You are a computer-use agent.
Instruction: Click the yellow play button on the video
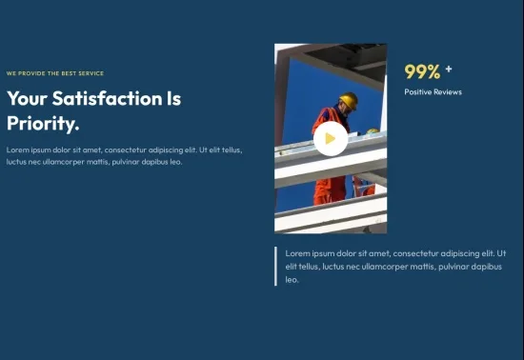tap(331, 139)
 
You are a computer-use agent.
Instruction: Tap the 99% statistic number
tap(422, 71)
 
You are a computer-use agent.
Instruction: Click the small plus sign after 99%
tap(449, 69)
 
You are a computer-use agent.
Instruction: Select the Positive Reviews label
tap(433, 91)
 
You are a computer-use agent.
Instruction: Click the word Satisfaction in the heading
tap(107, 98)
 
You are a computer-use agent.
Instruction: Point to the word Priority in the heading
tap(43, 123)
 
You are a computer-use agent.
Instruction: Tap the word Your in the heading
tap(27, 98)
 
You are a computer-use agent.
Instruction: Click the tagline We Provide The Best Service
tap(55, 73)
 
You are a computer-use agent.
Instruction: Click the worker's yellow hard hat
tap(349, 99)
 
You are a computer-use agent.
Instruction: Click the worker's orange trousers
tap(331, 190)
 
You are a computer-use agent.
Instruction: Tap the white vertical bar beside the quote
tap(275, 266)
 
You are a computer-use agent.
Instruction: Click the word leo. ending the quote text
tap(292, 280)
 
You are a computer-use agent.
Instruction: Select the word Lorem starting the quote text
tap(298, 253)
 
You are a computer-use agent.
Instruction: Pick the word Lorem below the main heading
tap(18, 150)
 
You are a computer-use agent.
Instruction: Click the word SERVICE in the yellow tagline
tap(91, 73)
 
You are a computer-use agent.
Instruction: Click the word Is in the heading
tap(173, 98)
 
